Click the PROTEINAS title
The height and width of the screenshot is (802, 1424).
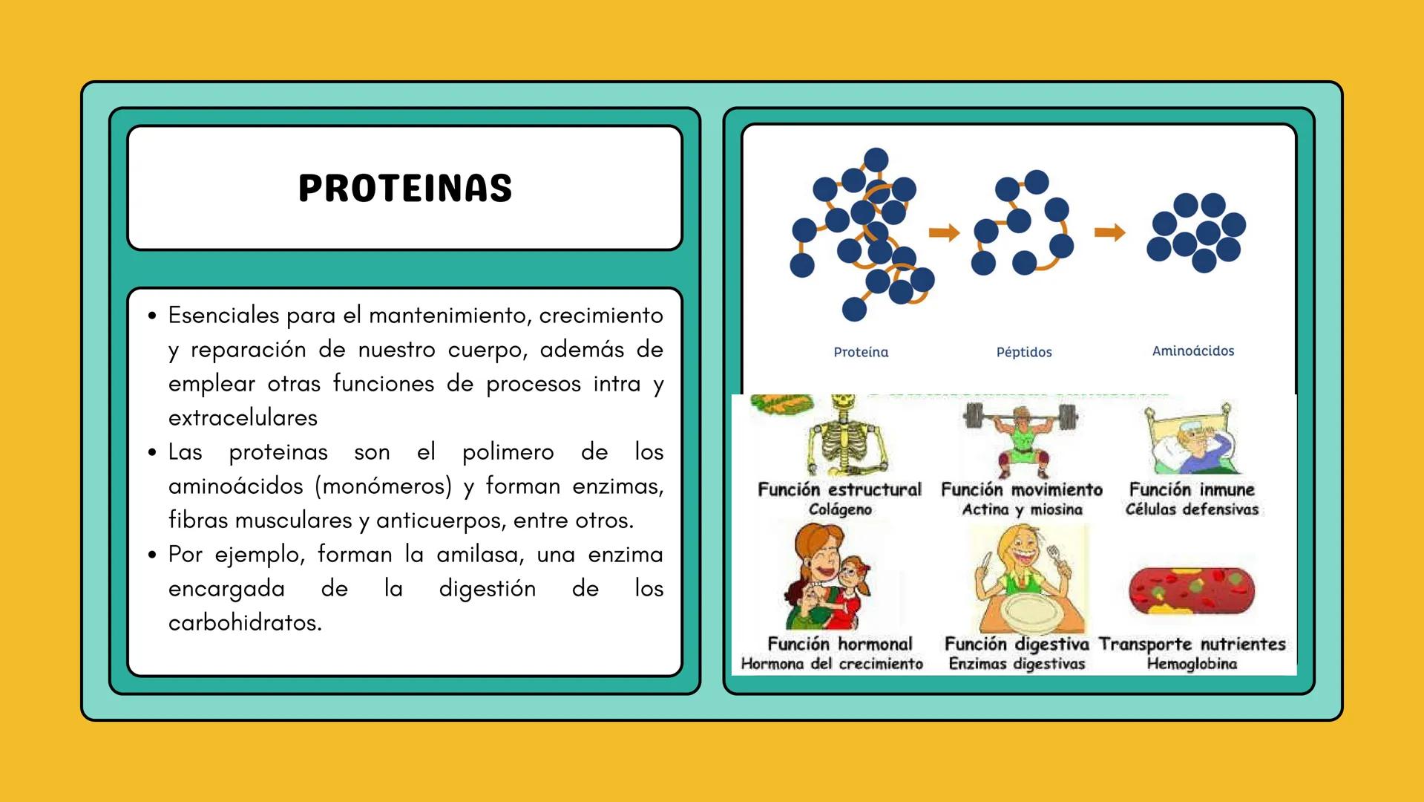[x=405, y=188]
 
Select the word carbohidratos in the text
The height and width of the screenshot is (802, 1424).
[x=245, y=622]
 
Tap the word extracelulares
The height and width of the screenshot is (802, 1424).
[x=243, y=417]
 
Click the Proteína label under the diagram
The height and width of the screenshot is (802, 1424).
[x=861, y=352]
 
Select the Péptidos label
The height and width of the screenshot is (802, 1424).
[x=1024, y=352]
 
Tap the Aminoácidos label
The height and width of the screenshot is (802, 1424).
[x=1192, y=351]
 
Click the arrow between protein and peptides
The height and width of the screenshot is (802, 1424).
[x=944, y=233]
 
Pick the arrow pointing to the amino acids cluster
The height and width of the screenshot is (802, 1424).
[x=1109, y=233]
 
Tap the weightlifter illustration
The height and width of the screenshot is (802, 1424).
[x=1021, y=438]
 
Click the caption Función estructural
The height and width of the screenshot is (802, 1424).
[x=839, y=489]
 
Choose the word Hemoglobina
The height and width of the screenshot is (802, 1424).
[x=1192, y=664]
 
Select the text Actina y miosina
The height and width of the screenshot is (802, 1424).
[x=1022, y=509]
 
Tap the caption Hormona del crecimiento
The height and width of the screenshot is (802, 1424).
[x=832, y=664]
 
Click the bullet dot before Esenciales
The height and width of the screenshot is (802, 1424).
[x=152, y=316]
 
